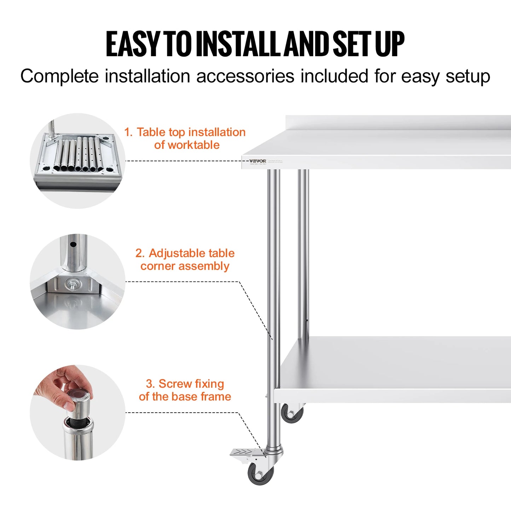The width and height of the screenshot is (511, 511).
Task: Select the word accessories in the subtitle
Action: (245, 76)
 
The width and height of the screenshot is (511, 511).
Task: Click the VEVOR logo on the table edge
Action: (257, 161)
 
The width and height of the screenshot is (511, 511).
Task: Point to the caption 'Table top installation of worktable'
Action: (185, 138)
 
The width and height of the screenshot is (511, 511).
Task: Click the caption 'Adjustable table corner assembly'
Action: (185, 260)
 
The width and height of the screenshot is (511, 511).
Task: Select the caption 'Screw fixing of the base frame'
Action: (185, 390)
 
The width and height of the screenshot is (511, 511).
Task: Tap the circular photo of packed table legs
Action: (77, 161)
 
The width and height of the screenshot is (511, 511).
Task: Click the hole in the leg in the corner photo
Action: (73, 244)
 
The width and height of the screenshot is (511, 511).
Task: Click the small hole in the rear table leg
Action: (307, 320)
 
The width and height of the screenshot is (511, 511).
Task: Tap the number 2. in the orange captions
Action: (140, 253)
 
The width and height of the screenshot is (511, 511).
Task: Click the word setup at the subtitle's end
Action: (468, 76)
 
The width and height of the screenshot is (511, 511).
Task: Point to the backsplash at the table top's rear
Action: (398, 122)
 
